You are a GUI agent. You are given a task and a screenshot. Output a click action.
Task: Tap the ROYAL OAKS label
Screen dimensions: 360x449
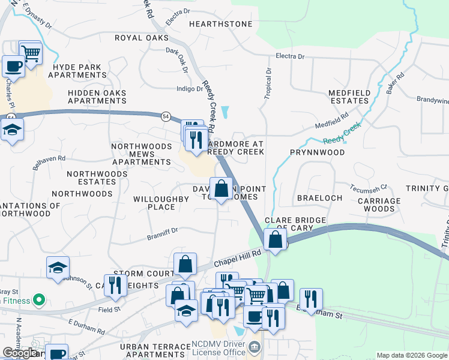(142, 37)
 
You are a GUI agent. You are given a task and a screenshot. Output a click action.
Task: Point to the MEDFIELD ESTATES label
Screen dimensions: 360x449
(348, 97)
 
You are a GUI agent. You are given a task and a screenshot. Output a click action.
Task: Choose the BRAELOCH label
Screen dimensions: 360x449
(319, 197)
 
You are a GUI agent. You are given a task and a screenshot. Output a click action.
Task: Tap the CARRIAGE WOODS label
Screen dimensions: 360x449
(379, 205)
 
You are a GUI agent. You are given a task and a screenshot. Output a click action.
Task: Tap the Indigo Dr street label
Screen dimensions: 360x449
(190, 89)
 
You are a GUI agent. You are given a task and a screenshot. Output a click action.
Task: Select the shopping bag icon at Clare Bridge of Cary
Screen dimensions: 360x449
(274, 239)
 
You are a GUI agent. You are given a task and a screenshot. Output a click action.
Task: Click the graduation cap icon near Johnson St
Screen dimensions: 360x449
(58, 267)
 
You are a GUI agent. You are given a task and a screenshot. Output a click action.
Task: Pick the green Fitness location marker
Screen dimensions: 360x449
(40, 298)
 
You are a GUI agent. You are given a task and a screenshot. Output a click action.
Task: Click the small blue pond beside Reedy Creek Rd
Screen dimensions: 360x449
(224, 112)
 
